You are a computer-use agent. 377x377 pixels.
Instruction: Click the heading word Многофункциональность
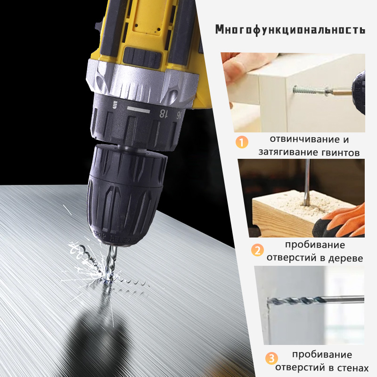tap(290, 29)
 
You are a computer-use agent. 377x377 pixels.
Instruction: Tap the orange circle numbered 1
tap(242, 141)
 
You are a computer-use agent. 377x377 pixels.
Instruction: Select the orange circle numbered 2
tap(257, 250)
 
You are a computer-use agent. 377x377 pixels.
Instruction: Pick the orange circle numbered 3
tap(270, 358)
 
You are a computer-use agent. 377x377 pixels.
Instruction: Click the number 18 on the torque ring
tap(164, 113)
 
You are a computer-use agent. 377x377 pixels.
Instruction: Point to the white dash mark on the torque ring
tap(138, 109)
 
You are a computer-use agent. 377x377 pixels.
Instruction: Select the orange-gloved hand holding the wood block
tap(347, 219)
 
